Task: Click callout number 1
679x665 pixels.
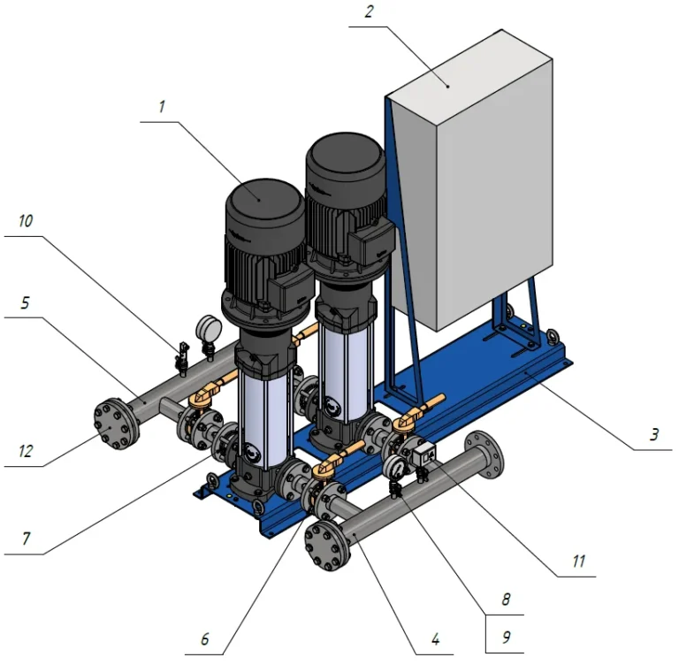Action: click(x=162, y=107)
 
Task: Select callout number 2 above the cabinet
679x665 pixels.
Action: click(x=369, y=11)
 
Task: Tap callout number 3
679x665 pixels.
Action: click(x=654, y=434)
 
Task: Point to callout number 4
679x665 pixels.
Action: click(x=436, y=638)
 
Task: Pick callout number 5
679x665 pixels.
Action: click(x=25, y=302)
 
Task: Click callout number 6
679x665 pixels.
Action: click(x=205, y=638)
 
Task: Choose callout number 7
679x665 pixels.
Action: click(x=26, y=539)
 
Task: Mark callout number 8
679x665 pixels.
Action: click(x=506, y=600)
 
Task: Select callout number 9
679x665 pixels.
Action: click(x=506, y=638)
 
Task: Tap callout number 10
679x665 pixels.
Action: click(x=26, y=221)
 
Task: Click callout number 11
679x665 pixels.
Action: click(x=579, y=561)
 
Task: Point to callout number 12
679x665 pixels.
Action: click(x=26, y=451)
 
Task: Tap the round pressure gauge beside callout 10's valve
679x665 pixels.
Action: click(x=209, y=327)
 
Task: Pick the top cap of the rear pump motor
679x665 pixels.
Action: click(x=345, y=159)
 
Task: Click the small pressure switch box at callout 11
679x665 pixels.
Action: click(x=424, y=455)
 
